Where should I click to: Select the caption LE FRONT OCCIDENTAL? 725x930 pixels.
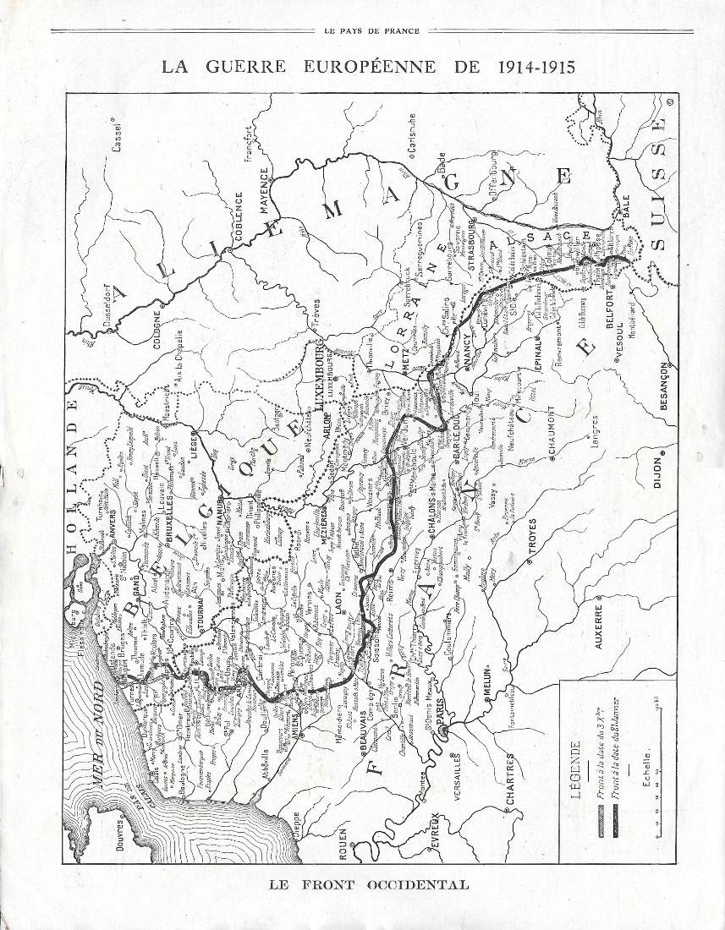pos(368,885)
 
